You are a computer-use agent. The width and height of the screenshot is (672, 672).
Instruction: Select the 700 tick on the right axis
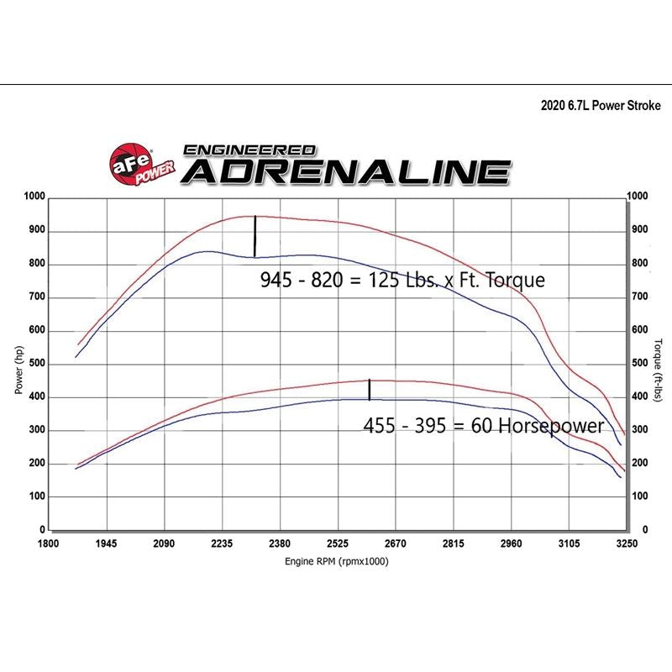(x=639, y=297)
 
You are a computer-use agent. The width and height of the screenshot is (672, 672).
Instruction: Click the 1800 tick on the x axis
(x=48, y=544)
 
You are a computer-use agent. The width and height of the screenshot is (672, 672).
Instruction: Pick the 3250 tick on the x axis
(x=627, y=544)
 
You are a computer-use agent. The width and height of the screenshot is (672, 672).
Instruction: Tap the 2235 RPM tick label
(x=222, y=544)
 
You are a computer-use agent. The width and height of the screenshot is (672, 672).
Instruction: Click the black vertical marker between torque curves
(x=255, y=237)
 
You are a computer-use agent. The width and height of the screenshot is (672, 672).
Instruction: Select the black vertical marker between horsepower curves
(x=370, y=390)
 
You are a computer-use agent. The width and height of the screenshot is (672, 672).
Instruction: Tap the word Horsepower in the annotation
(x=551, y=426)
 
